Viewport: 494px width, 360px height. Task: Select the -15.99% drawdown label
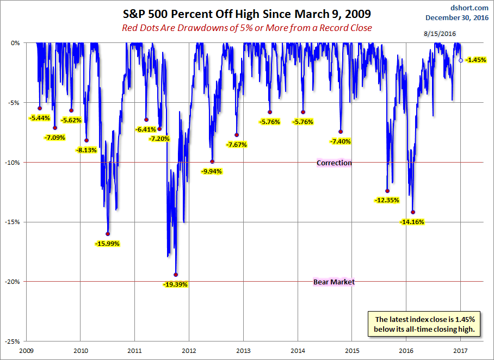(x=107, y=244)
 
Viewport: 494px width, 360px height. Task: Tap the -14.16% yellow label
(x=412, y=222)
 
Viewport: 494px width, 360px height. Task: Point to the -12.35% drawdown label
(x=387, y=200)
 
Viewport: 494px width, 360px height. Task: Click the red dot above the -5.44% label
(x=40, y=108)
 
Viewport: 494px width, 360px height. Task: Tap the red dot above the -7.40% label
(x=341, y=132)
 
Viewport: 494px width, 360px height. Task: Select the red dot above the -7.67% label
(x=237, y=135)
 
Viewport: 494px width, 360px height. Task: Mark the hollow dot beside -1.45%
(x=461, y=60)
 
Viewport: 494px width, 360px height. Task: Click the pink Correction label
(x=334, y=163)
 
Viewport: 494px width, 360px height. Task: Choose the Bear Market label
(x=334, y=282)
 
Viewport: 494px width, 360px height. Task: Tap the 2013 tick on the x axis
(x=243, y=351)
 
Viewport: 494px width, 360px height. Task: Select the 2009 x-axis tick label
(x=27, y=351)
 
